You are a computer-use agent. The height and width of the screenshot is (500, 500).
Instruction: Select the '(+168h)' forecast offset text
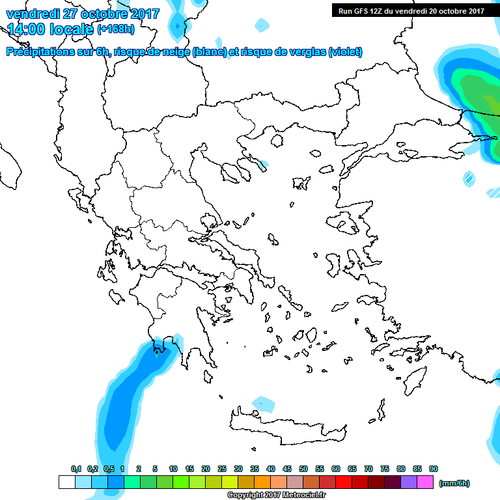coord(116,29)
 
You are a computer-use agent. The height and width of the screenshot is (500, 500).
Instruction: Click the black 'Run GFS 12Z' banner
coord(410,10)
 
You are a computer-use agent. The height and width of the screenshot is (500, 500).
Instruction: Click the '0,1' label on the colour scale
coord(76,469)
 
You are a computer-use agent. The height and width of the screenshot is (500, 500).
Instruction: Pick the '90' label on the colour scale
coord(434,469)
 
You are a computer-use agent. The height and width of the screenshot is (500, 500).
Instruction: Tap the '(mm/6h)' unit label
coord(454,483)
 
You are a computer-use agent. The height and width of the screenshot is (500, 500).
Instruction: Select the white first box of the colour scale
coord(66,482)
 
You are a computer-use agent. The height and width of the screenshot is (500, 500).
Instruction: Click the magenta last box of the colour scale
coord(425,482)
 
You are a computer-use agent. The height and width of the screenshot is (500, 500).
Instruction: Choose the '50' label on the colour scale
coord(303,469)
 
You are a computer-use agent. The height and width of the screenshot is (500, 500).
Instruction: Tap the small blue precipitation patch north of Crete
coord(263,404)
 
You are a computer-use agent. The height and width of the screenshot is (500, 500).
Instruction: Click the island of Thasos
coord(277,140)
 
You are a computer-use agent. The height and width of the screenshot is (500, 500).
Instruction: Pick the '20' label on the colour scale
coord(206,469)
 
